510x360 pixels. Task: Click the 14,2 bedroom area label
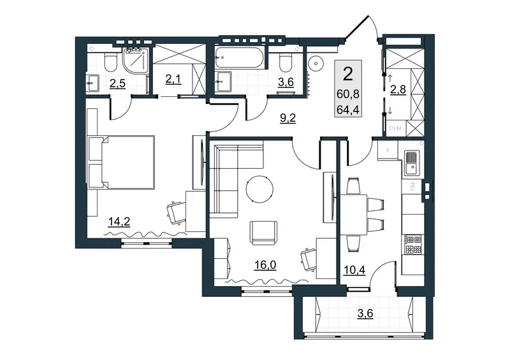pos(119,222)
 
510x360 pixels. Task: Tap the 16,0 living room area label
pos(265,265)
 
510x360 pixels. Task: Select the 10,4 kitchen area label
pos(354,270)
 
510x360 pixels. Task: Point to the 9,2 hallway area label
pos(288,118)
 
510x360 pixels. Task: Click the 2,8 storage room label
pos(398,89)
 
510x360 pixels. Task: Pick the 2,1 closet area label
pos(173,79)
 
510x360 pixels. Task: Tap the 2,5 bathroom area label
pos(117,83)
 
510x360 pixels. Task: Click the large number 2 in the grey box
pos(348,74)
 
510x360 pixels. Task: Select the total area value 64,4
pos(348,110)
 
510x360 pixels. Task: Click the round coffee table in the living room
pos(259,189)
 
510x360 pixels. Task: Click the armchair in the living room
pos(263,233)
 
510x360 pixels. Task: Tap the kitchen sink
pos(412,163)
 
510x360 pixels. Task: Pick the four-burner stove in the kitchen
pos(412,245)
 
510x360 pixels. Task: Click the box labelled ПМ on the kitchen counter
pos(412,187)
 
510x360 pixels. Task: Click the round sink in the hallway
pos(316,63)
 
